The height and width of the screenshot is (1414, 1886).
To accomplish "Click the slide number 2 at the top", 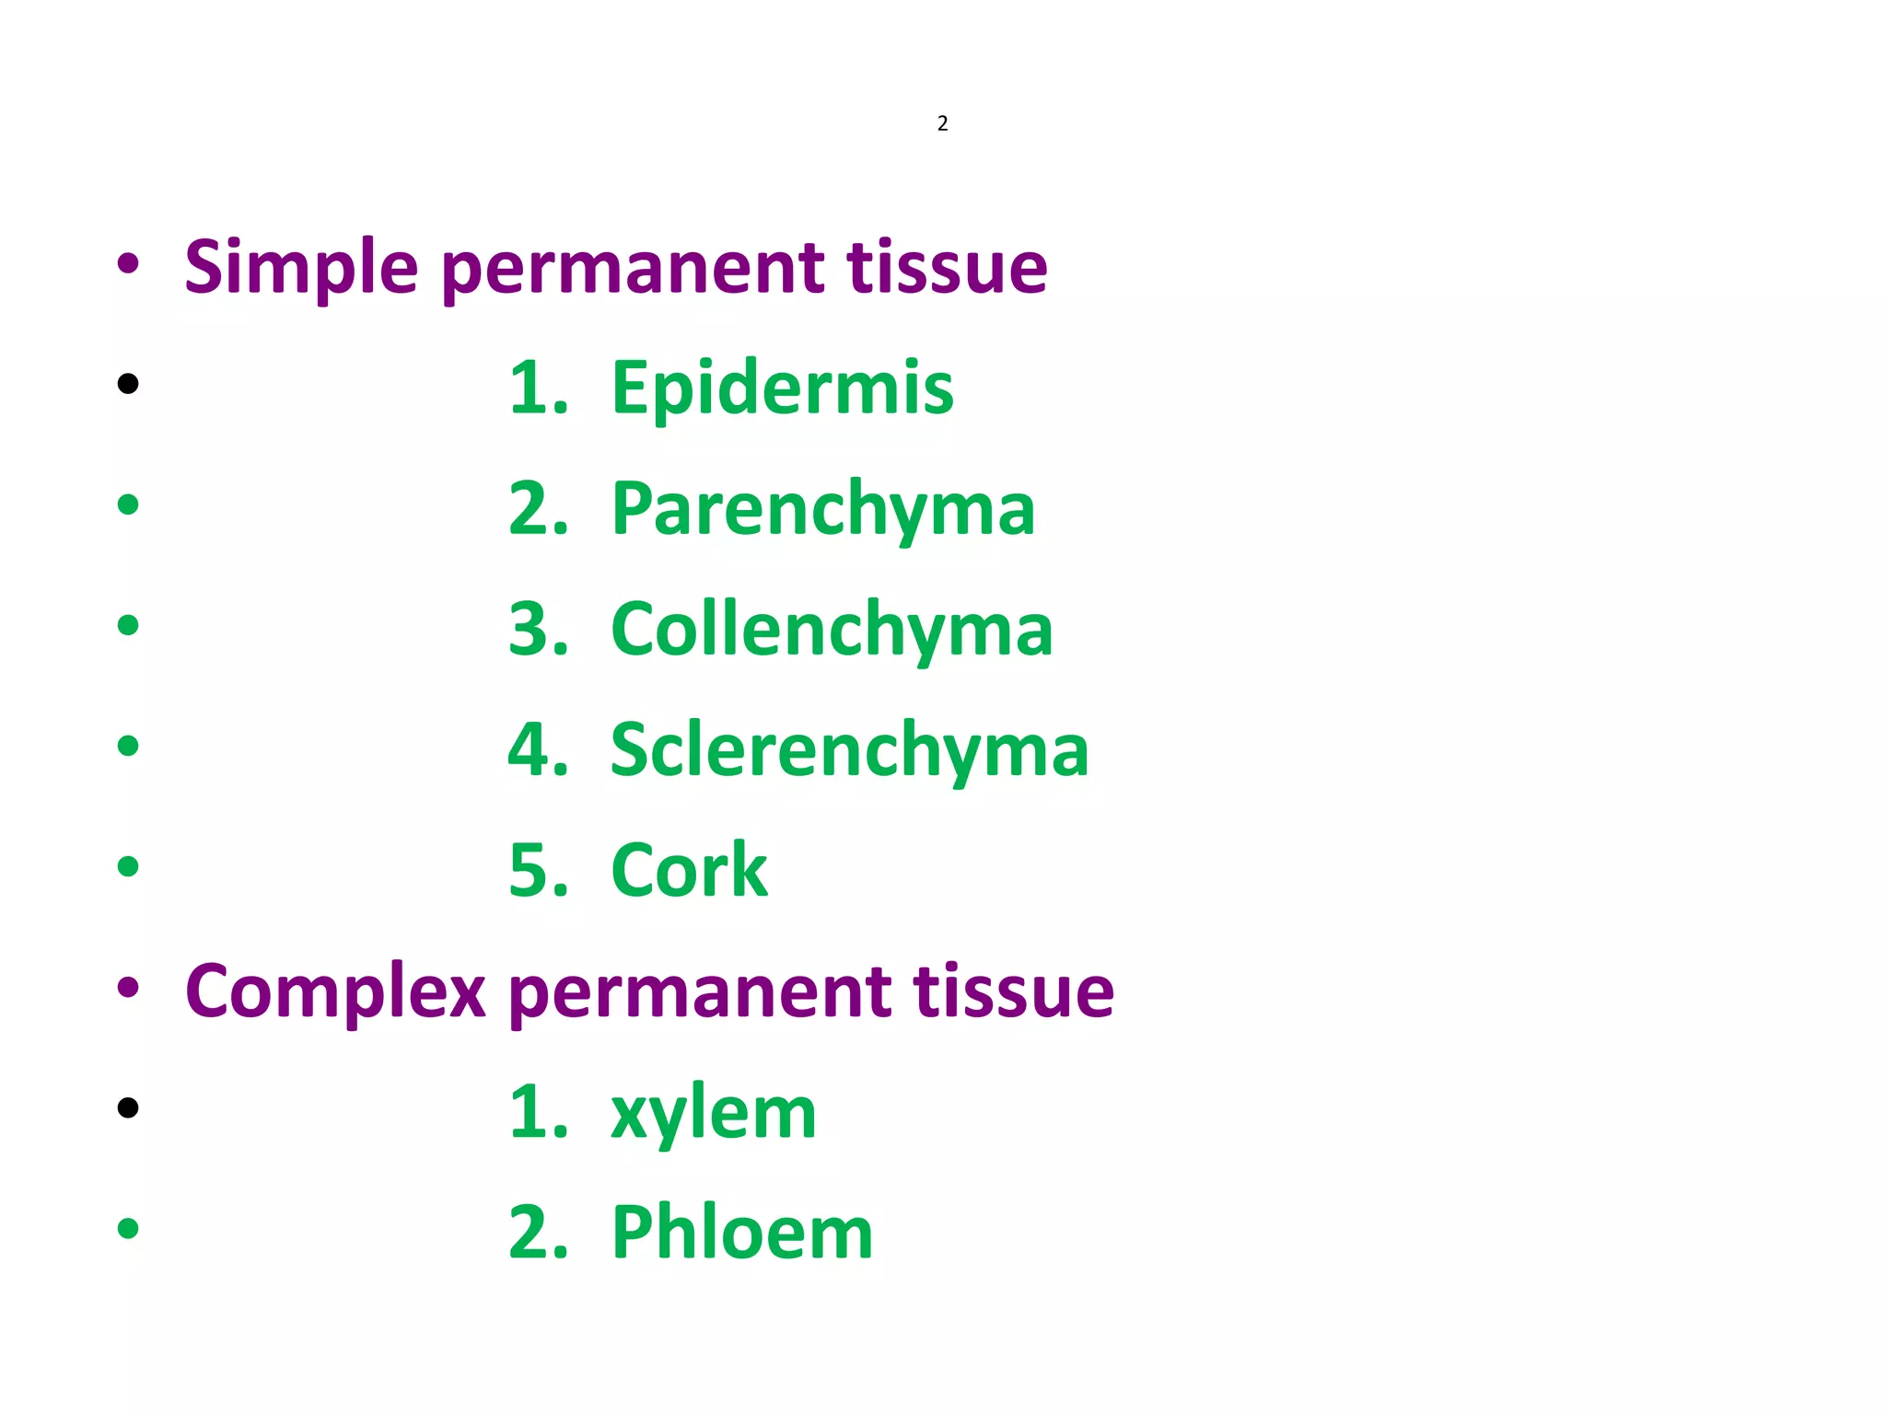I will click(x=942, y=123).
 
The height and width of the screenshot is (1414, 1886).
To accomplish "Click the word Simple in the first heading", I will click(x=300, y=269).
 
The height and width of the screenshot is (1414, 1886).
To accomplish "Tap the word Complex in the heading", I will click(x=335, y=992).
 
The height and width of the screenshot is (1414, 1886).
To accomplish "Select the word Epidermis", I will click(x=783, y=388).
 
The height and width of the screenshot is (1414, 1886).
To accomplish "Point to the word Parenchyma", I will click(x=823, y=509).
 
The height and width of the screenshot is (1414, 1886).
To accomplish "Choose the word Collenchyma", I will click(x=832, y=630).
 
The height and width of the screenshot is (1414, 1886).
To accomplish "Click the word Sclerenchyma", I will click(x=849, y=750).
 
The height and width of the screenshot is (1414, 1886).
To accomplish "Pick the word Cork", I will click(x=689, y=871).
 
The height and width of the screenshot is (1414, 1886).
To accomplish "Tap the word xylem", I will click(x=714, y=1112).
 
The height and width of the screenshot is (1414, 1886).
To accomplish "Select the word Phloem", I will click(x=742, y=1233).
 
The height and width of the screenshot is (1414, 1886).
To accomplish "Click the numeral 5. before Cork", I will click(x=538, y=871).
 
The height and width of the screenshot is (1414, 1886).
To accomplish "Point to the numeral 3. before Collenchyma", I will click(x=538, y=630).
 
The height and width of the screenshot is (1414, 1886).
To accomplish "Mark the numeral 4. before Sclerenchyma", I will click(x=538, y=750).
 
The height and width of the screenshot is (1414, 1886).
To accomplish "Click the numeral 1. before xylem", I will click(x=538, y=1112).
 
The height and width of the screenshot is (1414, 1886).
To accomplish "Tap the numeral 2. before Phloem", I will click(x=538, y=1233).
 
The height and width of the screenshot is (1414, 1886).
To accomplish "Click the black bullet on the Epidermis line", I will click(x=128, y=383).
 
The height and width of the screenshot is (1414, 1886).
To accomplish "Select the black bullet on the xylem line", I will click(x=128, y=1107).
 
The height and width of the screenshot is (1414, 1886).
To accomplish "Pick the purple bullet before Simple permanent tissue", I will click(x=128, y=263).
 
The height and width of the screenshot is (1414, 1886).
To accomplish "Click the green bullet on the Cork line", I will click(x=128, y=866).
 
